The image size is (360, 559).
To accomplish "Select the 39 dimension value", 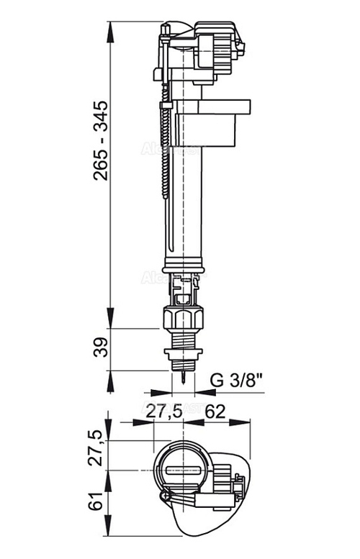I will (100, 349).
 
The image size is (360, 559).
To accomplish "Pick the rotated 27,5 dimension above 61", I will (100, 449).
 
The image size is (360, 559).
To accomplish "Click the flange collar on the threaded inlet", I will (185, 353).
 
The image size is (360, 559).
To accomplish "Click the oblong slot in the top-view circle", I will (184, 471).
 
